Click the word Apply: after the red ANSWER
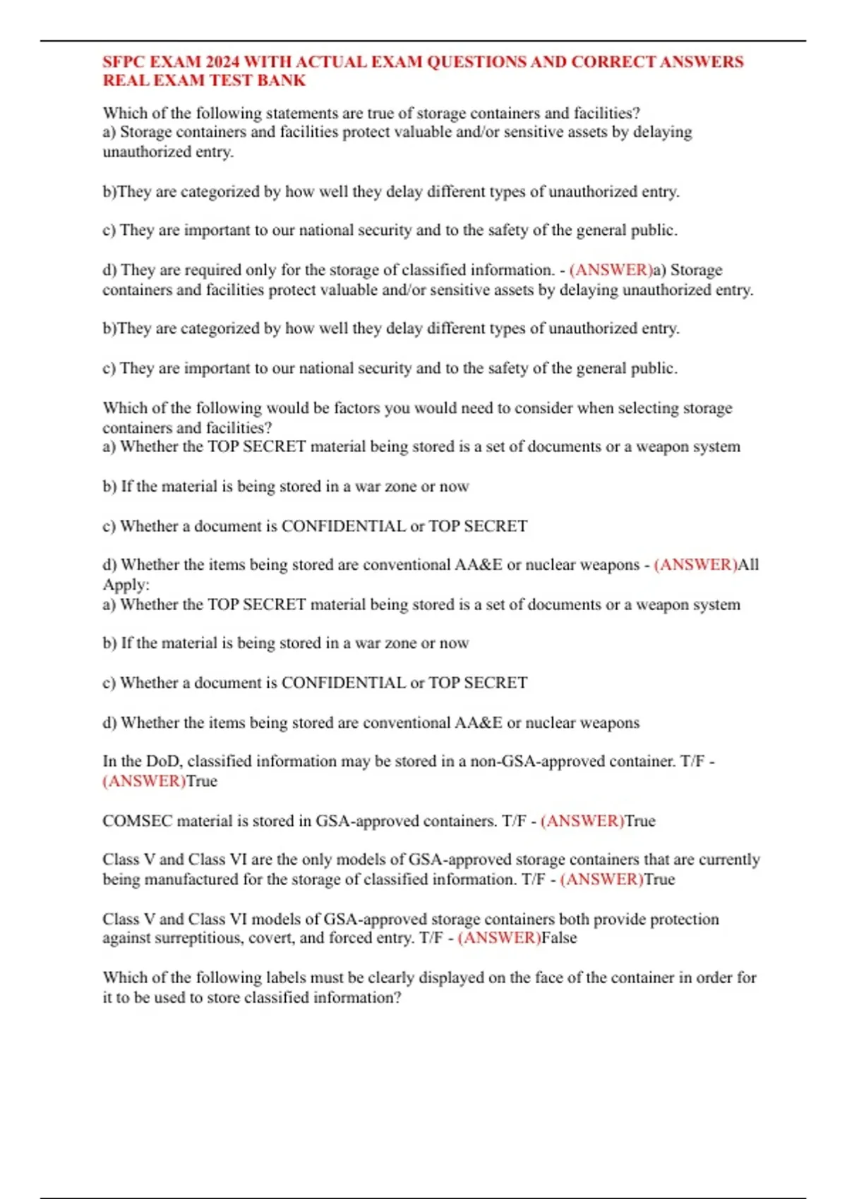click(126, 585)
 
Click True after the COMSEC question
click(640, 821)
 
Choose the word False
click(559, 938)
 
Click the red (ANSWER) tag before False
click(499, 938)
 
